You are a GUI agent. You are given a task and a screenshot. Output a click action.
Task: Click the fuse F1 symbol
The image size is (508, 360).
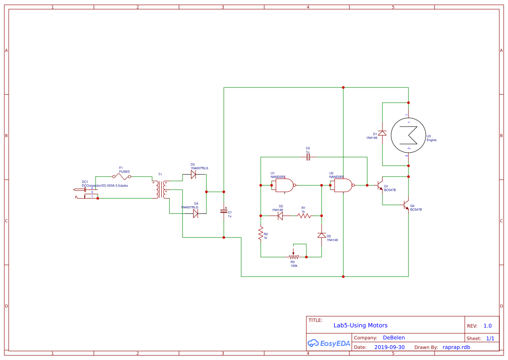[x=122, y=177]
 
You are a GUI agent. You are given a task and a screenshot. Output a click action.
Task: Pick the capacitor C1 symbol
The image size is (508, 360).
[x=224, y=211]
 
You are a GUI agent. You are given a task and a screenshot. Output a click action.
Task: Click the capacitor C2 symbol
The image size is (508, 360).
[x=308, y=157]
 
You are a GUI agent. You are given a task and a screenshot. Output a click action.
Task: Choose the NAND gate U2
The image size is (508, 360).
[x=343, y=186]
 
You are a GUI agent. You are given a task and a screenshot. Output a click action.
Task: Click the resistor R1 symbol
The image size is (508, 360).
[x=304, y=215]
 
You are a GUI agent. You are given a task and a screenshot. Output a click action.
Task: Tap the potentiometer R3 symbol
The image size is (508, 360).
[x=293, y=257]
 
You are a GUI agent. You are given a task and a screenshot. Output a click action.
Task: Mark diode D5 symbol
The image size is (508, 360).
[x=321, y=235]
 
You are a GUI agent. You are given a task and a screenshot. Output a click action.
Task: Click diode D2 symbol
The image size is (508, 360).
[x=280, y=215]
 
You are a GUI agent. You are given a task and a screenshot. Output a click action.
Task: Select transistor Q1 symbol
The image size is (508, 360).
[x=381, y=186]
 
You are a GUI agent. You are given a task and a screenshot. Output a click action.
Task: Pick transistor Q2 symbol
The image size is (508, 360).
[x=406, y=205]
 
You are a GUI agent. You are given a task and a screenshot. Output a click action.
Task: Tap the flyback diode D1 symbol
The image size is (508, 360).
[x=382, y=133]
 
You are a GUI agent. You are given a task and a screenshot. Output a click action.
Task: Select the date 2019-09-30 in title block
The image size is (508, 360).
[x=389, y=347]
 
